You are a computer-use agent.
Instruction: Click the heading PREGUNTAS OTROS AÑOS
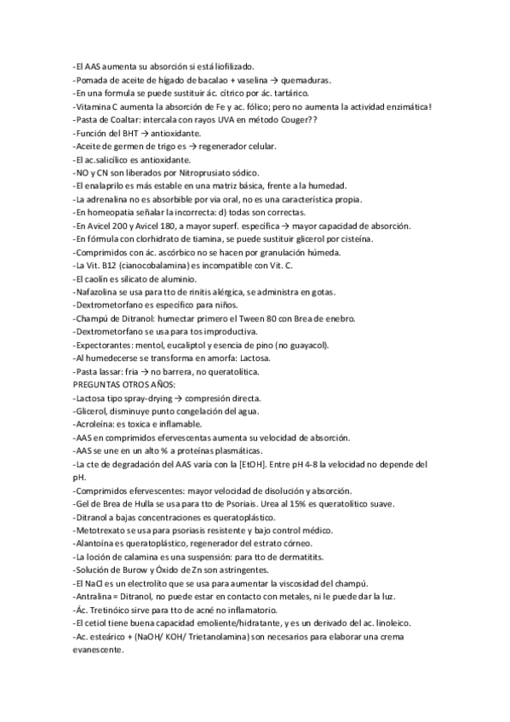124,384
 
